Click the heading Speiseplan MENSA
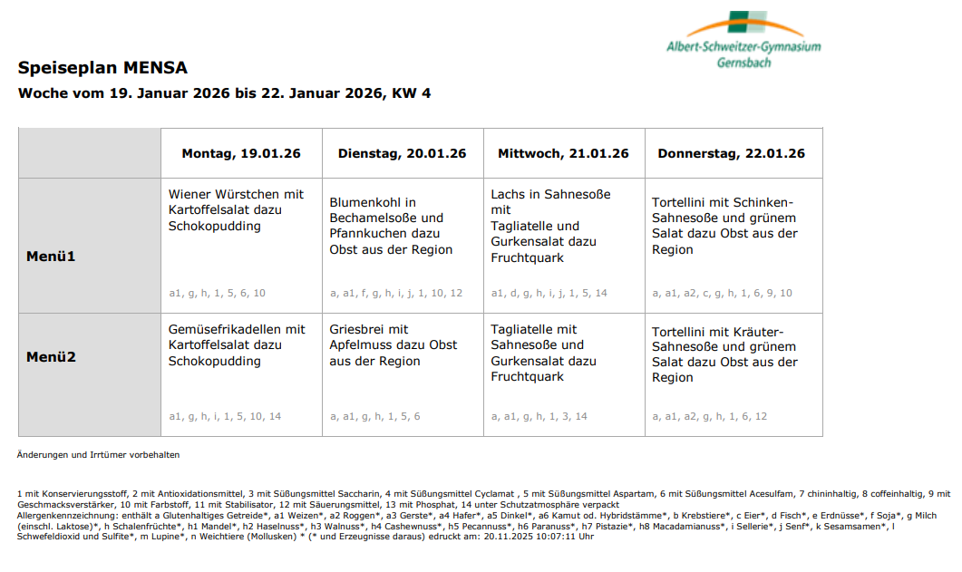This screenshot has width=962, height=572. pos(102,68)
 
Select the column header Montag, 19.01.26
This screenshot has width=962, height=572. pos(241,153)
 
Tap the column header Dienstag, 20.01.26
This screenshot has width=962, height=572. pos(403,153)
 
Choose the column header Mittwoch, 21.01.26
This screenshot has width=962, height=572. pos(563,153)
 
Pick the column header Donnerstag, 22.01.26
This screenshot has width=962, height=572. pos(732,153)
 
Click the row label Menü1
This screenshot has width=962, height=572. pos(51,257)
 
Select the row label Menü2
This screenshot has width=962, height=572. pos(51,357)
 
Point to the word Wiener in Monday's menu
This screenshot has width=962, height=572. pos(189,194)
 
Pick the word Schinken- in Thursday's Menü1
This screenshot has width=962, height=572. pos(763,202)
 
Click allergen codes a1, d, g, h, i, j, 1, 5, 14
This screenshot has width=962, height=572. pos(549,293)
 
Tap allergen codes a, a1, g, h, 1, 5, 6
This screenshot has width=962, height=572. pos(374,416)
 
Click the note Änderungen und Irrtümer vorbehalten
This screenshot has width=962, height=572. pos(99,454)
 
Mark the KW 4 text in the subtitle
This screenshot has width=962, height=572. pos(411,93)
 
